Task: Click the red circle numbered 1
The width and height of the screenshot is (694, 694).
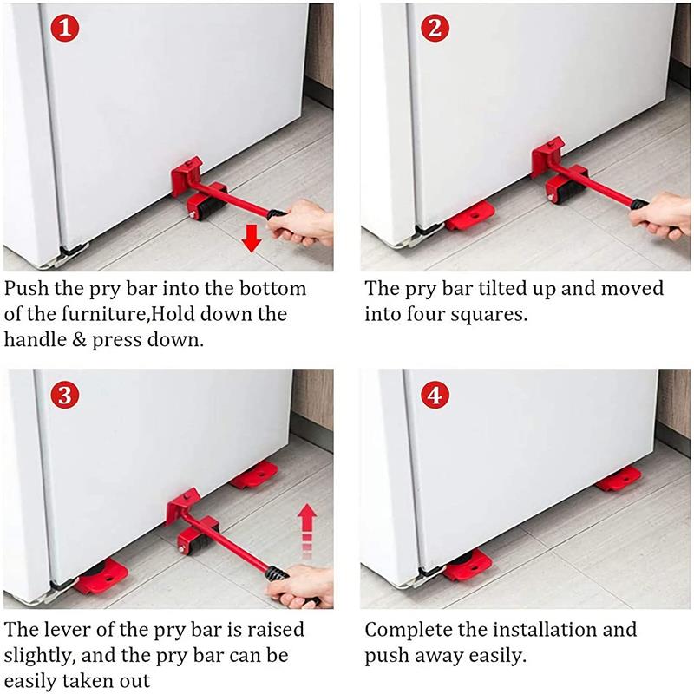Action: click(68, 29)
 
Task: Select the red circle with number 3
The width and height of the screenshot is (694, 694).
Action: click(68, 396)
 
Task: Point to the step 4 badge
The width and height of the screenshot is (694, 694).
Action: click(435, 396)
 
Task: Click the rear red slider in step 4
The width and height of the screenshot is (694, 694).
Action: click(618, 478)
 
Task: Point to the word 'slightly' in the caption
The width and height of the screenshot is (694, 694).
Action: click(39, 655)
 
